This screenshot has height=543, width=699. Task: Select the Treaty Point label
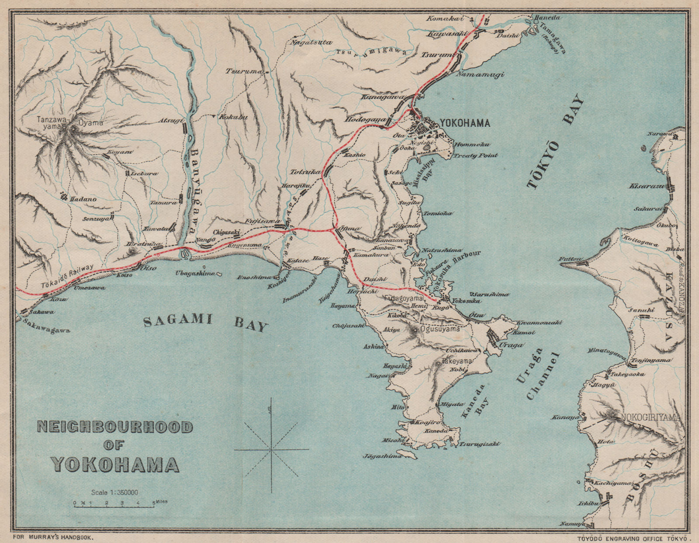[x=475, y=156]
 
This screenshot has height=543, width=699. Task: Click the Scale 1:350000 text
[x=115, y=492]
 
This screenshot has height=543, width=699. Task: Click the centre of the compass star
[x=271, y=449]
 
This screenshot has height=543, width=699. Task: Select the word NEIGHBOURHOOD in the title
[x=115, y=427]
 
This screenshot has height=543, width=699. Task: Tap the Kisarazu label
[x=646, y=186]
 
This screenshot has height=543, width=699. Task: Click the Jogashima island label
[x=382, y=456]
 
